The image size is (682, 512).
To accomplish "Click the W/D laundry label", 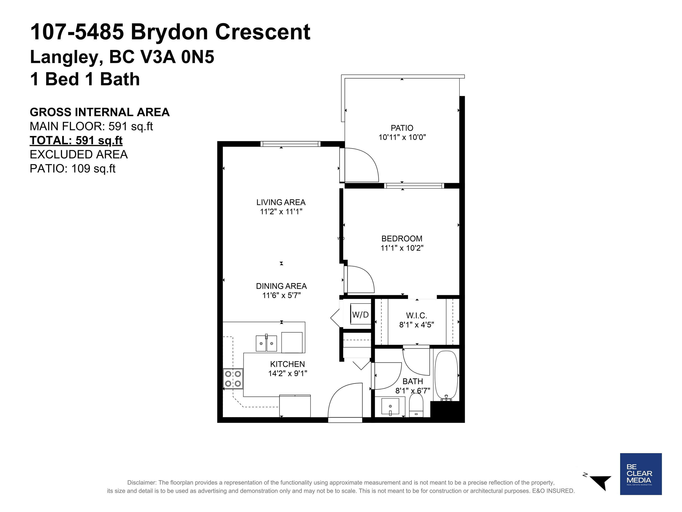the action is (360, 315).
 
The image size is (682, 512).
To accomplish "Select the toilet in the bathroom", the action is (416, 406).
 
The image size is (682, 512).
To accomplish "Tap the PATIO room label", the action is (402, 128).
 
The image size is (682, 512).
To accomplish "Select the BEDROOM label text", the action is (402, 239).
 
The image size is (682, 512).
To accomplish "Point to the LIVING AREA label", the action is (281, 202).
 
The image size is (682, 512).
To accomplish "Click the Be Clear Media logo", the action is (641, 474).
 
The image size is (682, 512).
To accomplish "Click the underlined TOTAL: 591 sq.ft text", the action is (76, 140).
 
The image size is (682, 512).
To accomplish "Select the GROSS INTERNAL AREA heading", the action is (99, 112).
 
